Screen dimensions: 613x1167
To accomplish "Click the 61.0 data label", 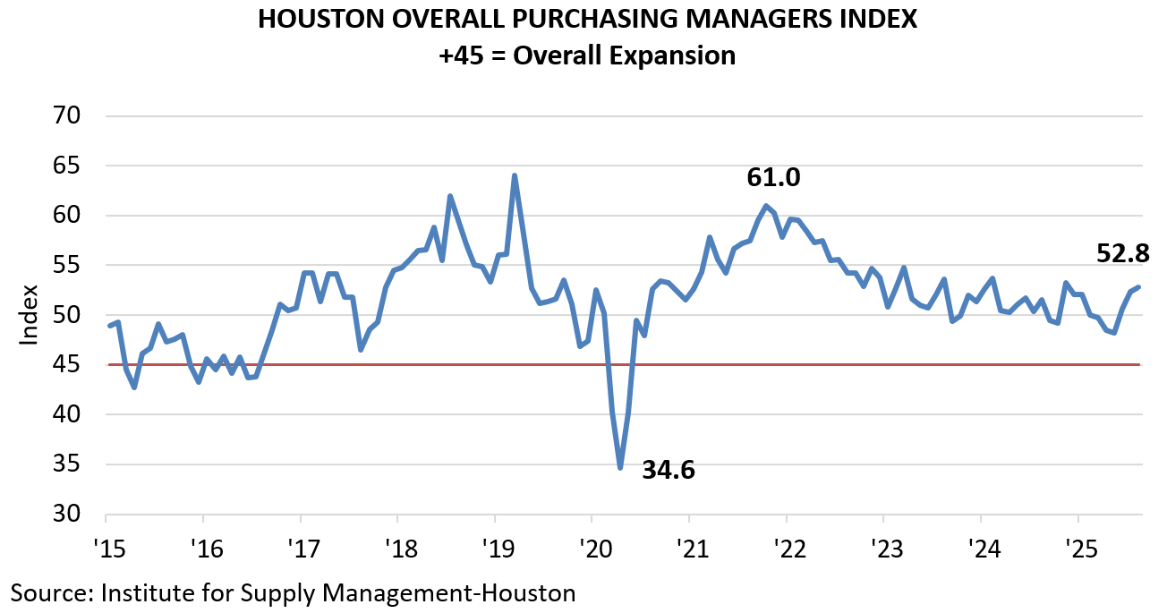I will (x=773, y=177).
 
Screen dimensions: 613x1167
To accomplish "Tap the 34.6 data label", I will (x=669, y=468).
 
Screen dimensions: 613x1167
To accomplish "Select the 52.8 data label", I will (x=1123, y=254).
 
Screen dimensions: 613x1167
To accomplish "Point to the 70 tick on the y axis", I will (x=69, y=116).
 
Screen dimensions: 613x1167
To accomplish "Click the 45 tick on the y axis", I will (x=69, y=365).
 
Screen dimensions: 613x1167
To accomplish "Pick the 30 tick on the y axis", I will (x=69, y=515).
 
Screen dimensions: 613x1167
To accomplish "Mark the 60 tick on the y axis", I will (x=69, y=216).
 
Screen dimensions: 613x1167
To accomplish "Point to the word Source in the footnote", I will (x=49, y=592).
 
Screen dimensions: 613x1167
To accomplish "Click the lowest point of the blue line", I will (x=620, y=467).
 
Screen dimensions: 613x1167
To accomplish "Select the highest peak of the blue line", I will (x=515, y=175).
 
